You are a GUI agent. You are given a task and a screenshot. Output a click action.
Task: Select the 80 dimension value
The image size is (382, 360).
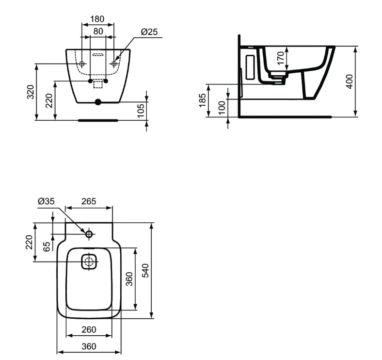click(x=98, y=31)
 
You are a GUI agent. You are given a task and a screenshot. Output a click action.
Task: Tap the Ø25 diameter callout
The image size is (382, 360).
click(x=150, y=32)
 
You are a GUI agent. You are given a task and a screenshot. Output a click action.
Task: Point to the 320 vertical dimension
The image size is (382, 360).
click(x=30, y=91)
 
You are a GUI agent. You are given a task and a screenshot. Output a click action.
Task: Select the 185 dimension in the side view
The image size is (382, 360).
click(x=203, y=100)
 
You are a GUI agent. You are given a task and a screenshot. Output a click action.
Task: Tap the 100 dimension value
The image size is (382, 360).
click(x=222, y=108)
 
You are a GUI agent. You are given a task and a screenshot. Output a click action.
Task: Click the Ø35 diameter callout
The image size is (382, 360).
click(x=47, y=201)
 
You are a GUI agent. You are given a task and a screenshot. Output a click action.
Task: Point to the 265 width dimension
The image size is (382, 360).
click(x=89, y=201)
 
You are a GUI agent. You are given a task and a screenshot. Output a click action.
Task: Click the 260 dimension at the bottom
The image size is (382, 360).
click(x=89, y=330)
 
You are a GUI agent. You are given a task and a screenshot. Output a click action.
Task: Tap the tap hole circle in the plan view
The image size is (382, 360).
click(x=89, y=234)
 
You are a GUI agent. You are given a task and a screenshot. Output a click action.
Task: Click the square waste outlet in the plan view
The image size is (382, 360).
click(x=89, y=262)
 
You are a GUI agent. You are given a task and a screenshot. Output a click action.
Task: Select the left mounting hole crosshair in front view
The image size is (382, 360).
click(x=82, y=64)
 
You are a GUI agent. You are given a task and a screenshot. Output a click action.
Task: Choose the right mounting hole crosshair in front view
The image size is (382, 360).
click(x=114, y=64)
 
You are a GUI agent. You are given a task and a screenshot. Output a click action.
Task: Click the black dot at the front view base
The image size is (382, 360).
click(x=98, y=102)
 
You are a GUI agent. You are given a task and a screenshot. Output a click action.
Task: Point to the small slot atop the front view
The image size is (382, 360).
click(x=98, y=55)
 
